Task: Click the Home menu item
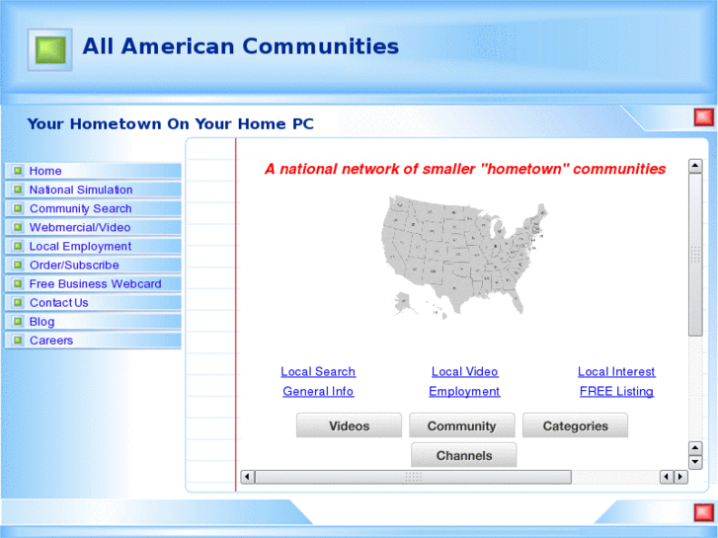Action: click(x=45, y=171)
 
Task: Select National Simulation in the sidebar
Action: click(x=81, y=190)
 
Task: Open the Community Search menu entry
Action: click(x=80, y=208)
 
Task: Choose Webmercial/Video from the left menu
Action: click(x=80, y=227)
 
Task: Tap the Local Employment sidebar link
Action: click(x=80, y=246)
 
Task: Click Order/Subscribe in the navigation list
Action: click(x=74, y=265)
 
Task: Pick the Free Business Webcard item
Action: click(x=95, y=283)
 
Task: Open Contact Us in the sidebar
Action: click(x=58, y=302)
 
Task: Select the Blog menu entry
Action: click(x=42, y=321)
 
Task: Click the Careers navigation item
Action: click(x=51, y=340)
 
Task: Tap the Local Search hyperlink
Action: click(x=318, y=371)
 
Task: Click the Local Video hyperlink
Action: click(x=464, y=371)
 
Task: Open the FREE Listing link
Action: click(x=616, y=391)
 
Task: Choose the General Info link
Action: click(x=318, y=391)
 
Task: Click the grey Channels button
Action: click(x=464, y=455)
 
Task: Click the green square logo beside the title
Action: click(x=49, y=48)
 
